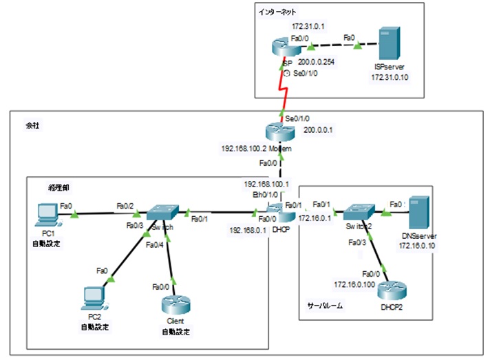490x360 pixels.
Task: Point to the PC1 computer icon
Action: click(47, 215)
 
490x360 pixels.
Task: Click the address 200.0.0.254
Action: click(317, 61)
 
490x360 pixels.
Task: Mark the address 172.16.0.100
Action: click(354, 284)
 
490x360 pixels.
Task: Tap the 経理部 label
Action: click(58, 187)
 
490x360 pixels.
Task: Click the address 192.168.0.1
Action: click(249, 231)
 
